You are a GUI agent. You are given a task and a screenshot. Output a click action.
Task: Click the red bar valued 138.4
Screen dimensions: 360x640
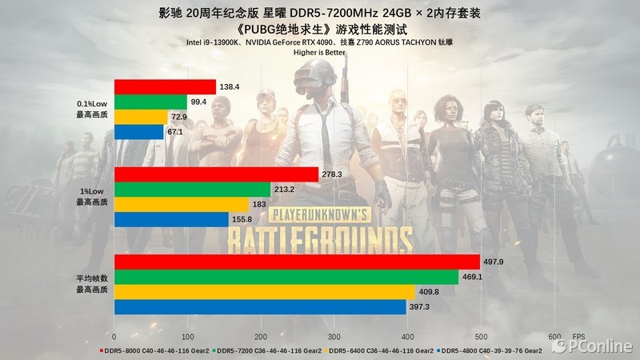coord(165,87)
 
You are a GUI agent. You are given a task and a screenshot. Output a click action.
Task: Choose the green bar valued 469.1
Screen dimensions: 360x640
coord(286,277)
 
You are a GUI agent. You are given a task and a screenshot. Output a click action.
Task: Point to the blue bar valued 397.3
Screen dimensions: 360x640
coord(260,306)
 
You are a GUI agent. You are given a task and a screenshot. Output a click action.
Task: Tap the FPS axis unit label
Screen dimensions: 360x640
coord(578,336)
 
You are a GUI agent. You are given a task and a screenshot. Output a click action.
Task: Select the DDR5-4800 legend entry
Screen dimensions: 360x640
coord(490,350)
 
